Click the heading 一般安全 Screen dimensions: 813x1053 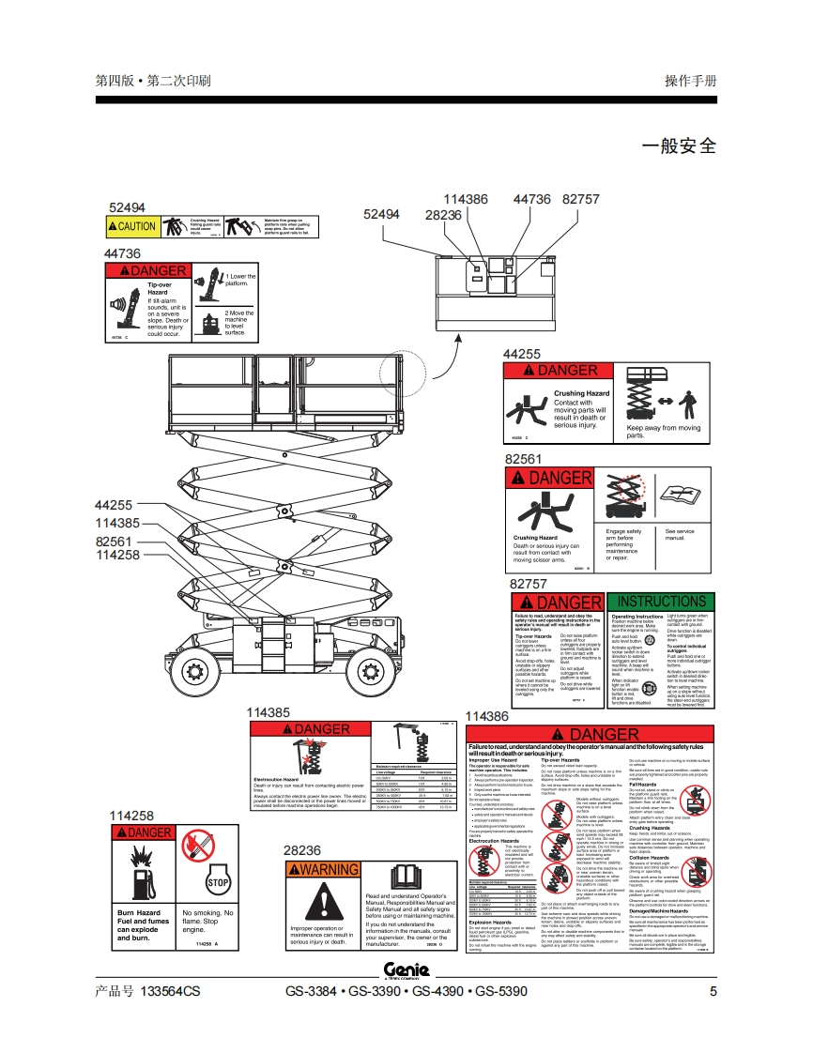point(678,146)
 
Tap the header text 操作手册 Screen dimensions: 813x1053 point(690,81)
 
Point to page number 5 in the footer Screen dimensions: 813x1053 point(713,991)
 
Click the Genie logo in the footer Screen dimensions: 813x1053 point(406,970)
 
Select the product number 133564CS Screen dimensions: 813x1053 point(170,991)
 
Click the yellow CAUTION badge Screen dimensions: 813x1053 point(132,226)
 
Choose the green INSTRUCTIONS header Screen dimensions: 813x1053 point(661,602)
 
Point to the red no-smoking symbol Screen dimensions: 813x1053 point(197,847)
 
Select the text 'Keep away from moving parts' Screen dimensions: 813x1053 point(664,432)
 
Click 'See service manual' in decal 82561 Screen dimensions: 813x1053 point(680,535)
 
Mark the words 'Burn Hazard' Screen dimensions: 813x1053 point(138,912)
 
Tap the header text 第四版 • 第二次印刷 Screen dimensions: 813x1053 point(153,81)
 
